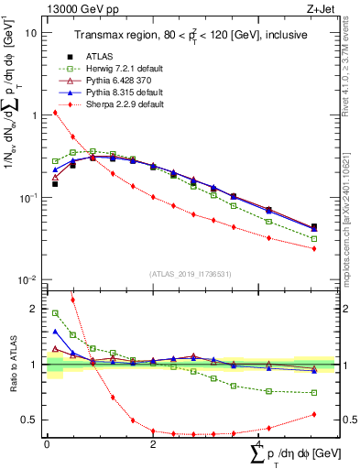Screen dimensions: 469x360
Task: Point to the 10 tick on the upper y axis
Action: pos(30,32)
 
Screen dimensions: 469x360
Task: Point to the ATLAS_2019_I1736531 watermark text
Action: pos(183,274)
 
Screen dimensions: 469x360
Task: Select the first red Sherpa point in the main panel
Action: pos(55,113)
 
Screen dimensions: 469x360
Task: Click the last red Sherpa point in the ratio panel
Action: pos(314,414)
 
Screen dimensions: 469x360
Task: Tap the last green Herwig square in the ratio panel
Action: pos(314,392)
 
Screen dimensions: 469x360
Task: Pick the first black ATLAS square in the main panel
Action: pos(55,184)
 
